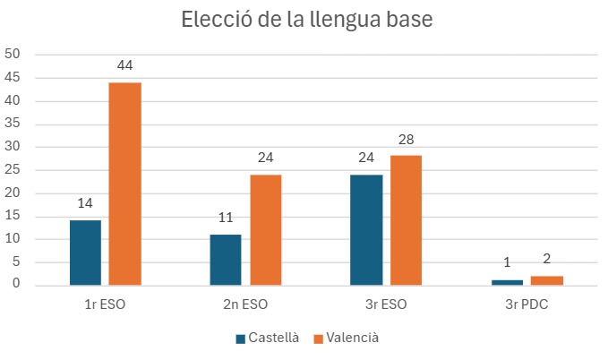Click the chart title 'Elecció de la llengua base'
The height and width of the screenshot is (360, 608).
coord(306,20)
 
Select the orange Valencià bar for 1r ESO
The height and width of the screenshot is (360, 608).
coord(125,184)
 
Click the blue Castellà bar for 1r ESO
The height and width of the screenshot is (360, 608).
coord(86,253)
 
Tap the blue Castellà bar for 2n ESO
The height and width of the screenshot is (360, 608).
coord(226,260)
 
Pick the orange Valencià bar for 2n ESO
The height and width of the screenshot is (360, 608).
coord(265,230)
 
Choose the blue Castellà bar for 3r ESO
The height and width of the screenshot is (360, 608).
coord(366,230)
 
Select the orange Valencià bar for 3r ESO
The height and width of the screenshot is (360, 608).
coord(406,220)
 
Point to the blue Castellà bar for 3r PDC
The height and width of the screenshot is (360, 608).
coord(506,282)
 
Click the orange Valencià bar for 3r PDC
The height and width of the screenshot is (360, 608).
coord(546,280)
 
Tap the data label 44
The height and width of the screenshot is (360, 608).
coord(125,65)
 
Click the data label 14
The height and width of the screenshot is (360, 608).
coord(86,203)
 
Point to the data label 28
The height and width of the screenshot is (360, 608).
coord(406,139)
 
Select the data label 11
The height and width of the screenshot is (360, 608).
coord(226,218)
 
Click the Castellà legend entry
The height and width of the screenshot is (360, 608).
coord(265,338)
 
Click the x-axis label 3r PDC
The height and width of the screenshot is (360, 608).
coord(527,304)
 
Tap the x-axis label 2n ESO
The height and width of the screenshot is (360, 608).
coord(245,304)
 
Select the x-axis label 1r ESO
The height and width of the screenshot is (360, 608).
coord(105,304)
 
